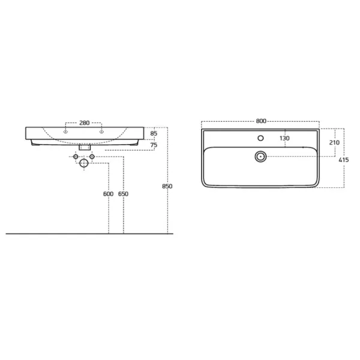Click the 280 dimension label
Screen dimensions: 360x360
84,123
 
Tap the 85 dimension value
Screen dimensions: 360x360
154,133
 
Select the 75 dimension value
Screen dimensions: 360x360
154,145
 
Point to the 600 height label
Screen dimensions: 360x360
108,194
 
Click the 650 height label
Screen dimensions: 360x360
123,194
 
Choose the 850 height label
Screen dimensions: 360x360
167,186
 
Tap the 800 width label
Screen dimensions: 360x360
261,121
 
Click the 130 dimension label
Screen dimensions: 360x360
284,138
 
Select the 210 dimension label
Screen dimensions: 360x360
334,143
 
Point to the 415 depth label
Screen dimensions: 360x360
344,160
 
